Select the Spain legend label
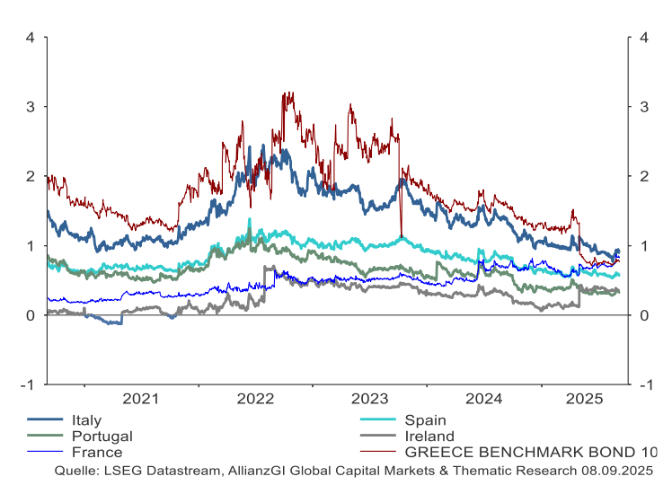[425, 420]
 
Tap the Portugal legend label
[102, 437]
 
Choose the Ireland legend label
[429, 437]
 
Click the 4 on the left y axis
[31, 38]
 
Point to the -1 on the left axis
[29, 384]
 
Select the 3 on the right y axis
[643, 107]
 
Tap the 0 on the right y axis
[643, 315]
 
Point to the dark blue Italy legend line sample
[46, 420]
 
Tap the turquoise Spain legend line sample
[378, 420]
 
